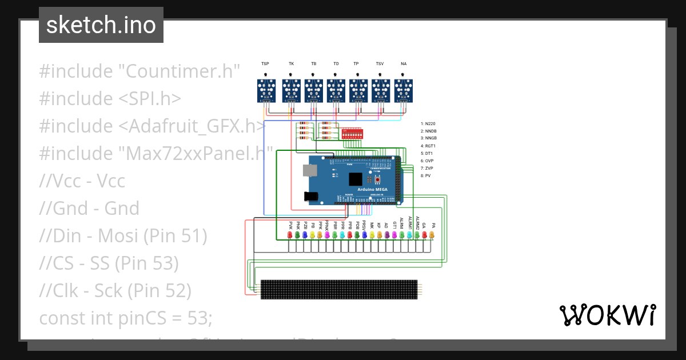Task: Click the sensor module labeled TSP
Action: (265, 91)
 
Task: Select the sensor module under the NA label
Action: (404, 91)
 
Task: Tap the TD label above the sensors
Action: (336, 64)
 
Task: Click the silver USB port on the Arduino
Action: (310, 170)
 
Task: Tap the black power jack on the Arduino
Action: (311, 196)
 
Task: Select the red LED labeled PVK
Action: (290, 235)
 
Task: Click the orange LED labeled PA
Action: (432, 235)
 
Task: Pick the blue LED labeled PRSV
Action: (364, 235)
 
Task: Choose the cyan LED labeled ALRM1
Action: (409, 235)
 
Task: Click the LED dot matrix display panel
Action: (340, 290)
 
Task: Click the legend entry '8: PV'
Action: (425, 176)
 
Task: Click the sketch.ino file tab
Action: (101, 25)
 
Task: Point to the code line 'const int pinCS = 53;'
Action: (125, 318)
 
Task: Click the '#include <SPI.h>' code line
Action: (110, 99)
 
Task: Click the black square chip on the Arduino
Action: (356, 179)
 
